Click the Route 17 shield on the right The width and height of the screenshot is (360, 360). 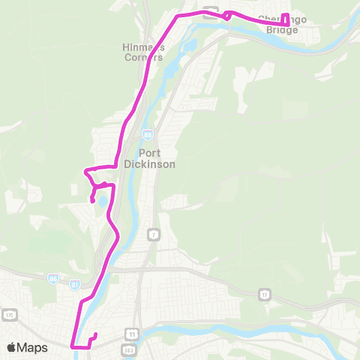tap(265, 295)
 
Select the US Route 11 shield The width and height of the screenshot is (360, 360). tap(132, 332)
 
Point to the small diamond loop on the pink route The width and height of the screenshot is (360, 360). tap(226, 14)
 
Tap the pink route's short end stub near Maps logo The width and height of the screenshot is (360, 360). tap(95, 334)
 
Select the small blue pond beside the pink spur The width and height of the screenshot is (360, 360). tap(99, 199)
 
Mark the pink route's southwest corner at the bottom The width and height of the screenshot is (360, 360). tap(72, 346)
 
